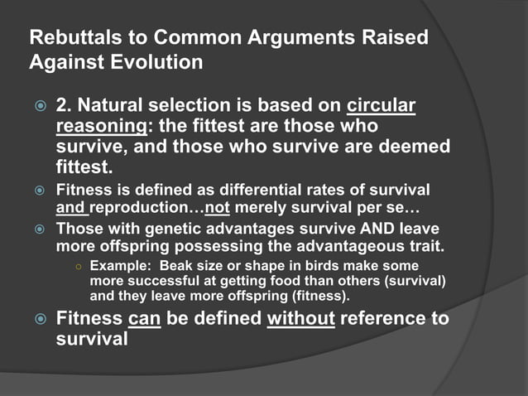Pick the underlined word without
301,319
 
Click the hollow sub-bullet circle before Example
76,267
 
